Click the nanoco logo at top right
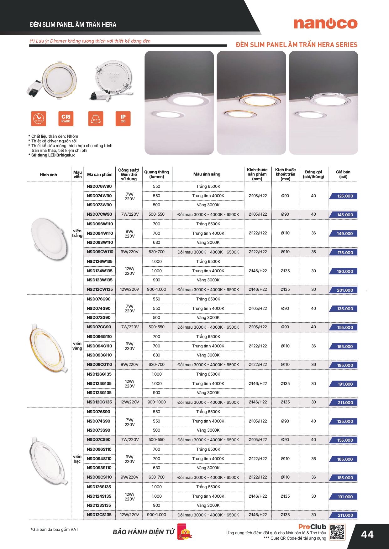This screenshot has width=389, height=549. [x=325, y=24]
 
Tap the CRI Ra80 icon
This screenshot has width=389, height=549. [x=66, y=119]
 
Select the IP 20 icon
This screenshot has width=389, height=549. [x=123, y=119]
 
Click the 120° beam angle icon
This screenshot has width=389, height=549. [x=96, y=119]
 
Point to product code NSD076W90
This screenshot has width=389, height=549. [x=99, y=186]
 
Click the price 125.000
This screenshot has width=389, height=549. [x=345, y=196]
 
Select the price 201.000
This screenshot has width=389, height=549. [x=345, y=290]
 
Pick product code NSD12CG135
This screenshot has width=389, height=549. [x=99, y=402]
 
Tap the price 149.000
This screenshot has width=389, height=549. [x=345, y=233]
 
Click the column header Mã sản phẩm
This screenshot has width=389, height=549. [x=100, y=174]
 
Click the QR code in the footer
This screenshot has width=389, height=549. [x=337, y=532]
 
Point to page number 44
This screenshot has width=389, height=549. [x=367, y=534]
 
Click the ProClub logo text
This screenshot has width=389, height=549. [x=312, y=527]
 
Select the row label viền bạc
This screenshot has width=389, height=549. [x=77, y=459]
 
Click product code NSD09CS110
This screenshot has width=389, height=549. [x=99, y=477]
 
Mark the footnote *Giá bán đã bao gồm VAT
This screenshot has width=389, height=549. [x=55, y=529]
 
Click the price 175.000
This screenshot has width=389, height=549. [x=345, y=253]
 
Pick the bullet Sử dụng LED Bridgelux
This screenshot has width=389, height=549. [x=53, y=155]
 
